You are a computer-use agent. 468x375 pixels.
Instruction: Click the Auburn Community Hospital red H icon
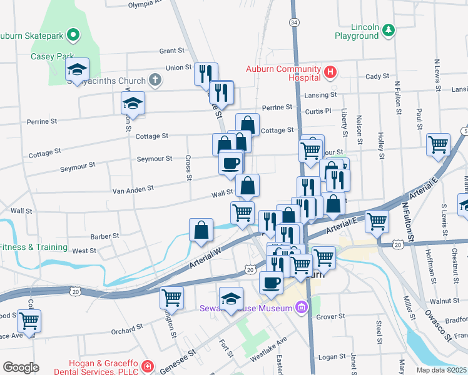(x=330, y=73)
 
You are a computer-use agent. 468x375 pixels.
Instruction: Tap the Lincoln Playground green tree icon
(x=389, y=29)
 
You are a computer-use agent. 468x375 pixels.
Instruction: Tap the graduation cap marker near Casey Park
(x=78, y=69)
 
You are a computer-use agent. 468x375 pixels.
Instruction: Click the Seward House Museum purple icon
(x=302, y=307)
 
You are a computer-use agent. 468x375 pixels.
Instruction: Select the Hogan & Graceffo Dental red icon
(x=146, y=366)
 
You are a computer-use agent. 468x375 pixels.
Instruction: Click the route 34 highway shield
(x=293, y=22)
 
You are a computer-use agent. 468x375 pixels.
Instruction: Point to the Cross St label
(x=188, y=168)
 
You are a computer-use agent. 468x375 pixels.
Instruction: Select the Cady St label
(x=377, y=76)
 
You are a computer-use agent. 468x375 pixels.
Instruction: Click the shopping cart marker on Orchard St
(x=29, y=321)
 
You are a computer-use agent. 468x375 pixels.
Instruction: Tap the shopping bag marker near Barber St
(x=201, y=230)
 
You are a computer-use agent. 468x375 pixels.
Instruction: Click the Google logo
(x=21, y=367)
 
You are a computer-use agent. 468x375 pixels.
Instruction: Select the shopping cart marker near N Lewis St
(x=438, y=145)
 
